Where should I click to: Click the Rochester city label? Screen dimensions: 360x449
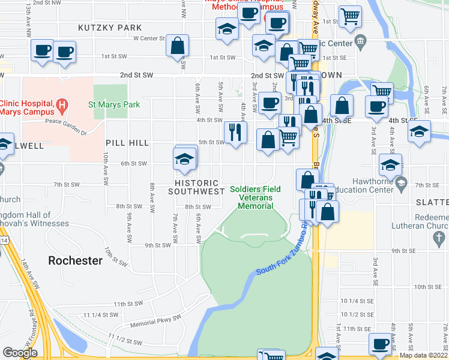pos(75,261)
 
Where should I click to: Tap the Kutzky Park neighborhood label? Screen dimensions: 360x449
pos(110,28)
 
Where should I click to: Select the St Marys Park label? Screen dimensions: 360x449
pos(114,104)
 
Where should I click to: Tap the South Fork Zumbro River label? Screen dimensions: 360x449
pos(282,251)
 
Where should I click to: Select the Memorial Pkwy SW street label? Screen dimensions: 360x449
pos(155,324)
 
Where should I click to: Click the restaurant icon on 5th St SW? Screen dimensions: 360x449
pos(236,132)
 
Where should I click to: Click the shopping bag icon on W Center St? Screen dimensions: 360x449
pos(178,45)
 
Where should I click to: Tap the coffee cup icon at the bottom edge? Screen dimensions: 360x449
pos(380,344)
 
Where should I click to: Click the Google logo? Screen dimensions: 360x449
pos(20,353)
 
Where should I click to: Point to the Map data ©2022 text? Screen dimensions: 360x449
pos(423,355)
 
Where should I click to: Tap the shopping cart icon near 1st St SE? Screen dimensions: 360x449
pos(350,17)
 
